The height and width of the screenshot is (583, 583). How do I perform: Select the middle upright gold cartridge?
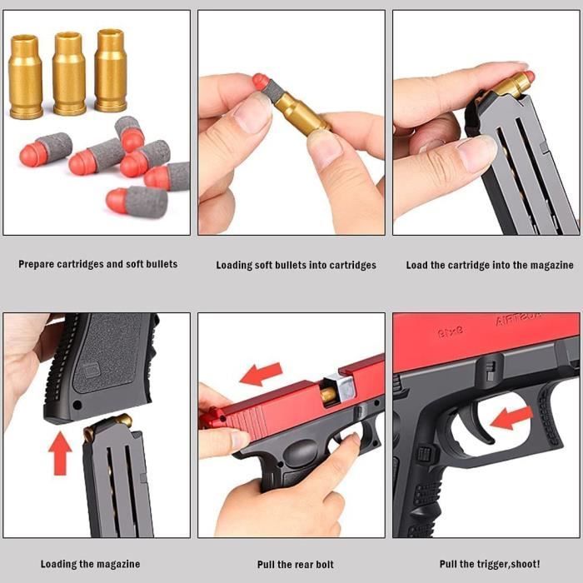[x=68, y=72]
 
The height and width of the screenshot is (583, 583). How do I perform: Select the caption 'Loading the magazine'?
[x=91, y=564]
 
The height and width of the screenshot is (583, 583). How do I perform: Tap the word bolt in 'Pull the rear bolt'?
[x=340, y=564]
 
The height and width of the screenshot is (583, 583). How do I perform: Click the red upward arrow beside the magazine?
[x=60, y=452]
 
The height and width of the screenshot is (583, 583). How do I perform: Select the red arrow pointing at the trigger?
[x=511, y=417]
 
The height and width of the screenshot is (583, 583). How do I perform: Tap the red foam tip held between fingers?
[x=261, y=82]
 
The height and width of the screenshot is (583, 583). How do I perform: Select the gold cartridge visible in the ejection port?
[x=329, y=394]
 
